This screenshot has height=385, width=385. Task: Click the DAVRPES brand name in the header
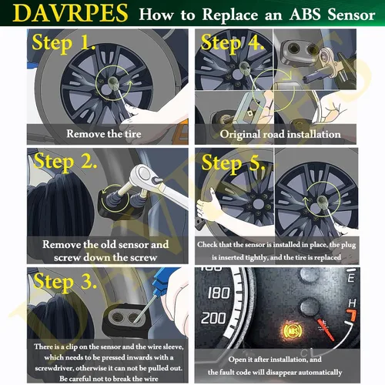tap(70, 13)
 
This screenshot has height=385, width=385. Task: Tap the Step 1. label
tap(63, 42)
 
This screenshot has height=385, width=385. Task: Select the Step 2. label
tap(65, 162)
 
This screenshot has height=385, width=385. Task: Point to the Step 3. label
tap(65, 282)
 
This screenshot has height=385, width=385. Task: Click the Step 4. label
tap(232, 43)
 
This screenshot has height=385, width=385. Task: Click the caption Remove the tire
tap(104, 134)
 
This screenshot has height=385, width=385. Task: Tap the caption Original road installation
tap(280, 134)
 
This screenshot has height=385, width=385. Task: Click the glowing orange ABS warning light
tap(293, 331)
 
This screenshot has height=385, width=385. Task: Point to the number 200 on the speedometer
tap(213, 318)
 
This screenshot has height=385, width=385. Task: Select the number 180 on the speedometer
tap(219, 293)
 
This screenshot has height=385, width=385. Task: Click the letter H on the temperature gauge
tap(352, 303)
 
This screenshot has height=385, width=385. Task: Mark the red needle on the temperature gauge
tap(326, 330)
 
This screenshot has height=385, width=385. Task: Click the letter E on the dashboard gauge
tap(351, 278)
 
